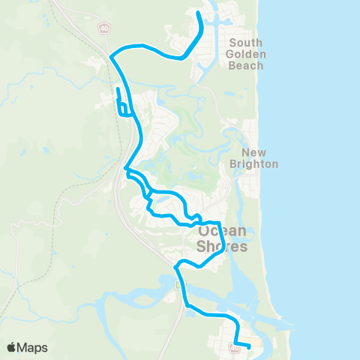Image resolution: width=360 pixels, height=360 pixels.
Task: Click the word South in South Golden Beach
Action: [x=246, y=43]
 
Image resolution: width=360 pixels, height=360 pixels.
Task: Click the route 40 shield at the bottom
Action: [x=234, y=345]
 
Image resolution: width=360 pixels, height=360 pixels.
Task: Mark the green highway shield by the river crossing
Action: [x=178, y=285]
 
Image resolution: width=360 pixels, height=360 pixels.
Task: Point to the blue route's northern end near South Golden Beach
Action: [x=198, y=13]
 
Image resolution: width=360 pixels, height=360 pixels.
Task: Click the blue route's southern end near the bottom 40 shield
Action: [x=249, y=348]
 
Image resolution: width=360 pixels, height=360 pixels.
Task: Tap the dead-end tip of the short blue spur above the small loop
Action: [x=118, y=90]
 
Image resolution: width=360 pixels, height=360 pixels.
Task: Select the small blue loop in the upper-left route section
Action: [x=123, y=109]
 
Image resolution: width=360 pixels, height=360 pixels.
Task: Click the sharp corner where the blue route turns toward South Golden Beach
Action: [x=111, y=55]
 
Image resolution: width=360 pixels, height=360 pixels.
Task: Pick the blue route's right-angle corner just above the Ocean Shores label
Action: [x=217, y=223]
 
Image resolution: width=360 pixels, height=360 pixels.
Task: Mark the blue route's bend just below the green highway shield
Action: [x=187, y=304]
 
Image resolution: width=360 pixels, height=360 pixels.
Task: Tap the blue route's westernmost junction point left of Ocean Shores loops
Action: [x=126, y=169]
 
